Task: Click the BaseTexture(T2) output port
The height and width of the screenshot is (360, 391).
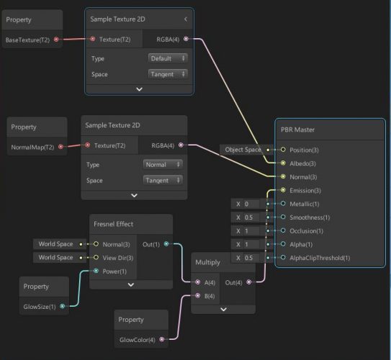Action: [56, 40]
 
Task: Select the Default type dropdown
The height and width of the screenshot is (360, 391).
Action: [168, 58]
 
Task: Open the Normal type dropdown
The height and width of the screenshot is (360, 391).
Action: [163, 165]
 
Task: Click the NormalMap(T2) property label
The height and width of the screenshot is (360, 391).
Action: [32, 147]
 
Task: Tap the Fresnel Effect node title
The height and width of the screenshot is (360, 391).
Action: [114, 224]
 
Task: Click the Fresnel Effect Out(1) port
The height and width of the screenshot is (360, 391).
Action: [166, 244]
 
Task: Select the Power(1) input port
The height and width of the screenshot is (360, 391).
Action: [96, 271]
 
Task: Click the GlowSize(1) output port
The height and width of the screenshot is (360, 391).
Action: [63, 306]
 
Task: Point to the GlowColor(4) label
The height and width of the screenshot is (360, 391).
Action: [137, 340]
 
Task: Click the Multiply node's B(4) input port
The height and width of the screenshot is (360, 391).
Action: [198, 296]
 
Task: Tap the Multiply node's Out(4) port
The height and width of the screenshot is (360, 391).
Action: [249, 282]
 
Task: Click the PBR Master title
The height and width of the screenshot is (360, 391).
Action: [297, 130]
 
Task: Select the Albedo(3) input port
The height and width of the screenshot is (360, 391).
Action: [283, 163]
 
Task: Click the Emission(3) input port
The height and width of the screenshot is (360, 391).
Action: [283, 190]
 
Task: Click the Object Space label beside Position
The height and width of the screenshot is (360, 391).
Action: [243, 150]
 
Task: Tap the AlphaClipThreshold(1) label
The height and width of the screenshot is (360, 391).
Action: [320, 258]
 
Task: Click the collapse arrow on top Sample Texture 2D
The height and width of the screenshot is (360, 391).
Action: [186, 19]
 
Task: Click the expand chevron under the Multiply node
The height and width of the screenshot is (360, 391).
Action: [223, 310]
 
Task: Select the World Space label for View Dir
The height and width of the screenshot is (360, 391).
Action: [55, 257]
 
